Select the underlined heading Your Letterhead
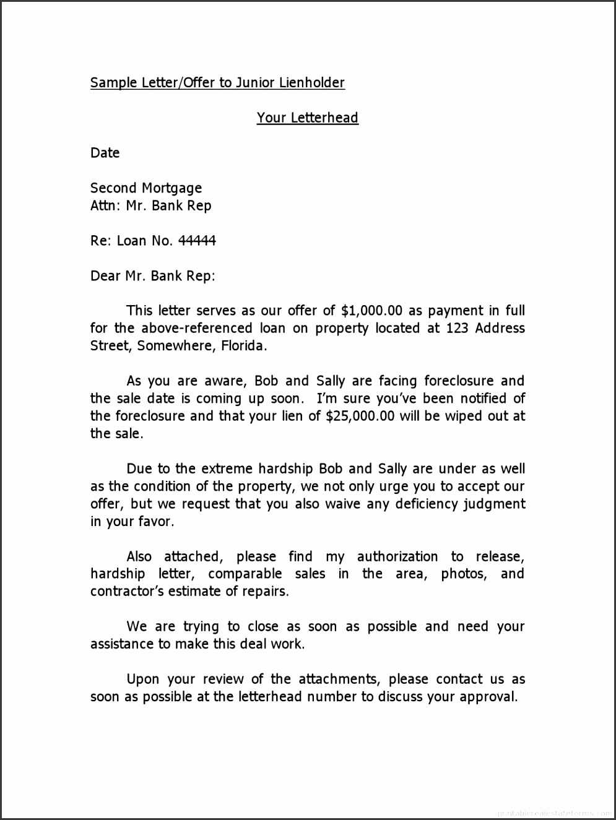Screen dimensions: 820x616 307,118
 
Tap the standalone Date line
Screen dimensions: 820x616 105,153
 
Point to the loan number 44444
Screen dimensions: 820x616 197,241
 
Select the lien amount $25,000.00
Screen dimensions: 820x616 360,416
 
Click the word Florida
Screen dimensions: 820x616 244,346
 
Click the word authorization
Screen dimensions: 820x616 397,557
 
